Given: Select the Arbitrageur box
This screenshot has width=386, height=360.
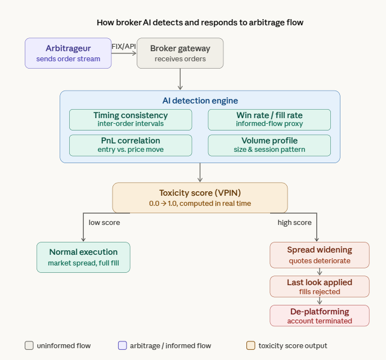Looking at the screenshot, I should (x=68, y=53).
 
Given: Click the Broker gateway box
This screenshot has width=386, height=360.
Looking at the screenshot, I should (x=180, y=53).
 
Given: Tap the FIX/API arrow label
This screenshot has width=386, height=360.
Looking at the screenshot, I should (x=124, y=46).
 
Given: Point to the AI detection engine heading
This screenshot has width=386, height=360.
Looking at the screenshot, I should (x=200, y=100).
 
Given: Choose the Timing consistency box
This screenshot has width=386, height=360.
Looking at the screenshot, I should (x=131, y=120).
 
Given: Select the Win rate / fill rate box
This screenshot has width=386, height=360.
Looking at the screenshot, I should (x=269, y=120).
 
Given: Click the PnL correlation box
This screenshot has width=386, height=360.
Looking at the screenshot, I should (x=131, y=145).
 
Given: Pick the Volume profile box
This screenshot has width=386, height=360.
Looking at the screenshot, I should (x=269, y=145).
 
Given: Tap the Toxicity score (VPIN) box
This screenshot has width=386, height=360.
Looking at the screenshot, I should (x=200, y=197).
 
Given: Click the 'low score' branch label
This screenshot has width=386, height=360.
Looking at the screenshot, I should (x=104, y=223).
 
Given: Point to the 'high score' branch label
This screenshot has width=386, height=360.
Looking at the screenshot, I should (x=294, y=223).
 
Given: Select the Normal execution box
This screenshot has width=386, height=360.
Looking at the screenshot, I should (x=83, y=257).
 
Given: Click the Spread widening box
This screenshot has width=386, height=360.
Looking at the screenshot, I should (x=320, y=255).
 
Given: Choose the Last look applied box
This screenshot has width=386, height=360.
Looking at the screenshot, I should (x=320, y=286).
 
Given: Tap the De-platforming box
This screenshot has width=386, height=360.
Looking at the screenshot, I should (x=320, y=316).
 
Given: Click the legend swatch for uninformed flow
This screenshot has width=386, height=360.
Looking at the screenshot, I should (x=29, y=345).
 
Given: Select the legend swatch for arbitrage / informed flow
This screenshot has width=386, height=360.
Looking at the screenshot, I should (x=122, y=345).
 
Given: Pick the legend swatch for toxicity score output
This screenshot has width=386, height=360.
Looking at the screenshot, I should (x=251, y=345).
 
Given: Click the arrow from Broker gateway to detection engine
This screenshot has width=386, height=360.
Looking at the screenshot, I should (x=180, y=79).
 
